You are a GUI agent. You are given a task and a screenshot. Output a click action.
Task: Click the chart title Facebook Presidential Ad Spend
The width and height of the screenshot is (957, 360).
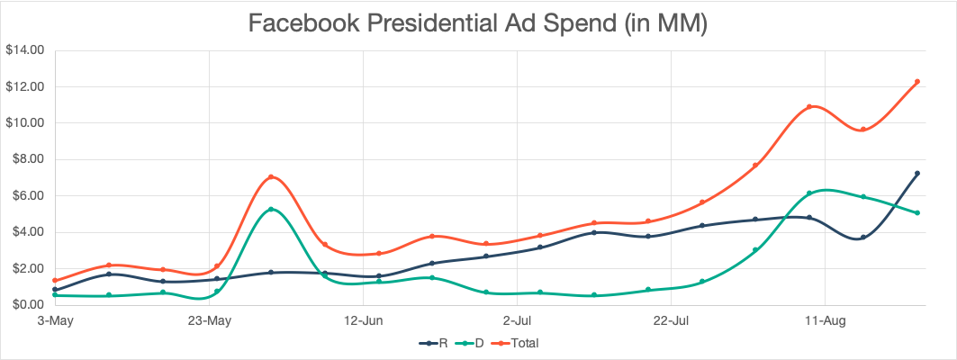pyautogui.click(x=478, y=24)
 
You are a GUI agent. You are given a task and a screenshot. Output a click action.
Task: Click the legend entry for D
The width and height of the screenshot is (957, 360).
pyautogui.click(x=477, y=343)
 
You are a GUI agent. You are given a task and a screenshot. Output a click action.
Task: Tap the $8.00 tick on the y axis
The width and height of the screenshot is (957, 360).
pyautogui.click(x=27, y=159)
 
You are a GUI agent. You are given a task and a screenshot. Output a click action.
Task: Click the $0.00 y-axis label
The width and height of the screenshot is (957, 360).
pyautogui.click(x=27, y=305)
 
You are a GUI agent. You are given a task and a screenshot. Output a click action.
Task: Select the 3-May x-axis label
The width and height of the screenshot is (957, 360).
pyautogui.click(x=55, y=319)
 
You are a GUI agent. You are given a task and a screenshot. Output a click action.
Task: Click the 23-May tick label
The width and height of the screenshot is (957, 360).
pyautogui.click(x=209, y=319)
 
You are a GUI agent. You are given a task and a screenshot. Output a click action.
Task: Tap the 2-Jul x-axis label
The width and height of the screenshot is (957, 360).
pyautogui.click(x=518, y=319)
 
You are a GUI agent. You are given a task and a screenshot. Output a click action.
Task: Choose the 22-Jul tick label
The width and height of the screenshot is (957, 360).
pyautogui.click(x=672, y=319)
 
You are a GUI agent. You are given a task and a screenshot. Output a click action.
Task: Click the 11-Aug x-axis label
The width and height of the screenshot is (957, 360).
pyautogui.click(x=826, y=319)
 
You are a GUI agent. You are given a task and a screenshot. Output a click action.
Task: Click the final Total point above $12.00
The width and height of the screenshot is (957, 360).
pyautogui.click(x=916, y=82)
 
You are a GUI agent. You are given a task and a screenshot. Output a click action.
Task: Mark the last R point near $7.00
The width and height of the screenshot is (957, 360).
pyautogui.click(x=916, y=173)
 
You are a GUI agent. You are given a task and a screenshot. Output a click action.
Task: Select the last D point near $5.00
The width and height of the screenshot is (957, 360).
pyautogui.click(x=916, y=212)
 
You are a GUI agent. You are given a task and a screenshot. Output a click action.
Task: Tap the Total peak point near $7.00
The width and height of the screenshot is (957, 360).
pyautogui.click(x=271, y=177)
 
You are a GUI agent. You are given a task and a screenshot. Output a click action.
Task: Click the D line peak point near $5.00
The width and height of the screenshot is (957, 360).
pyautogui.click(x=271, y=210)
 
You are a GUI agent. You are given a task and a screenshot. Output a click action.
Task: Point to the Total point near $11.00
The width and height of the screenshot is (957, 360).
pyautogui.click(x=809, y=106)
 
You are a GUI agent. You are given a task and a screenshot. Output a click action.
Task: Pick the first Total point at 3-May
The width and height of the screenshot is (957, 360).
pyautogui.click(x=55, y=280)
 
